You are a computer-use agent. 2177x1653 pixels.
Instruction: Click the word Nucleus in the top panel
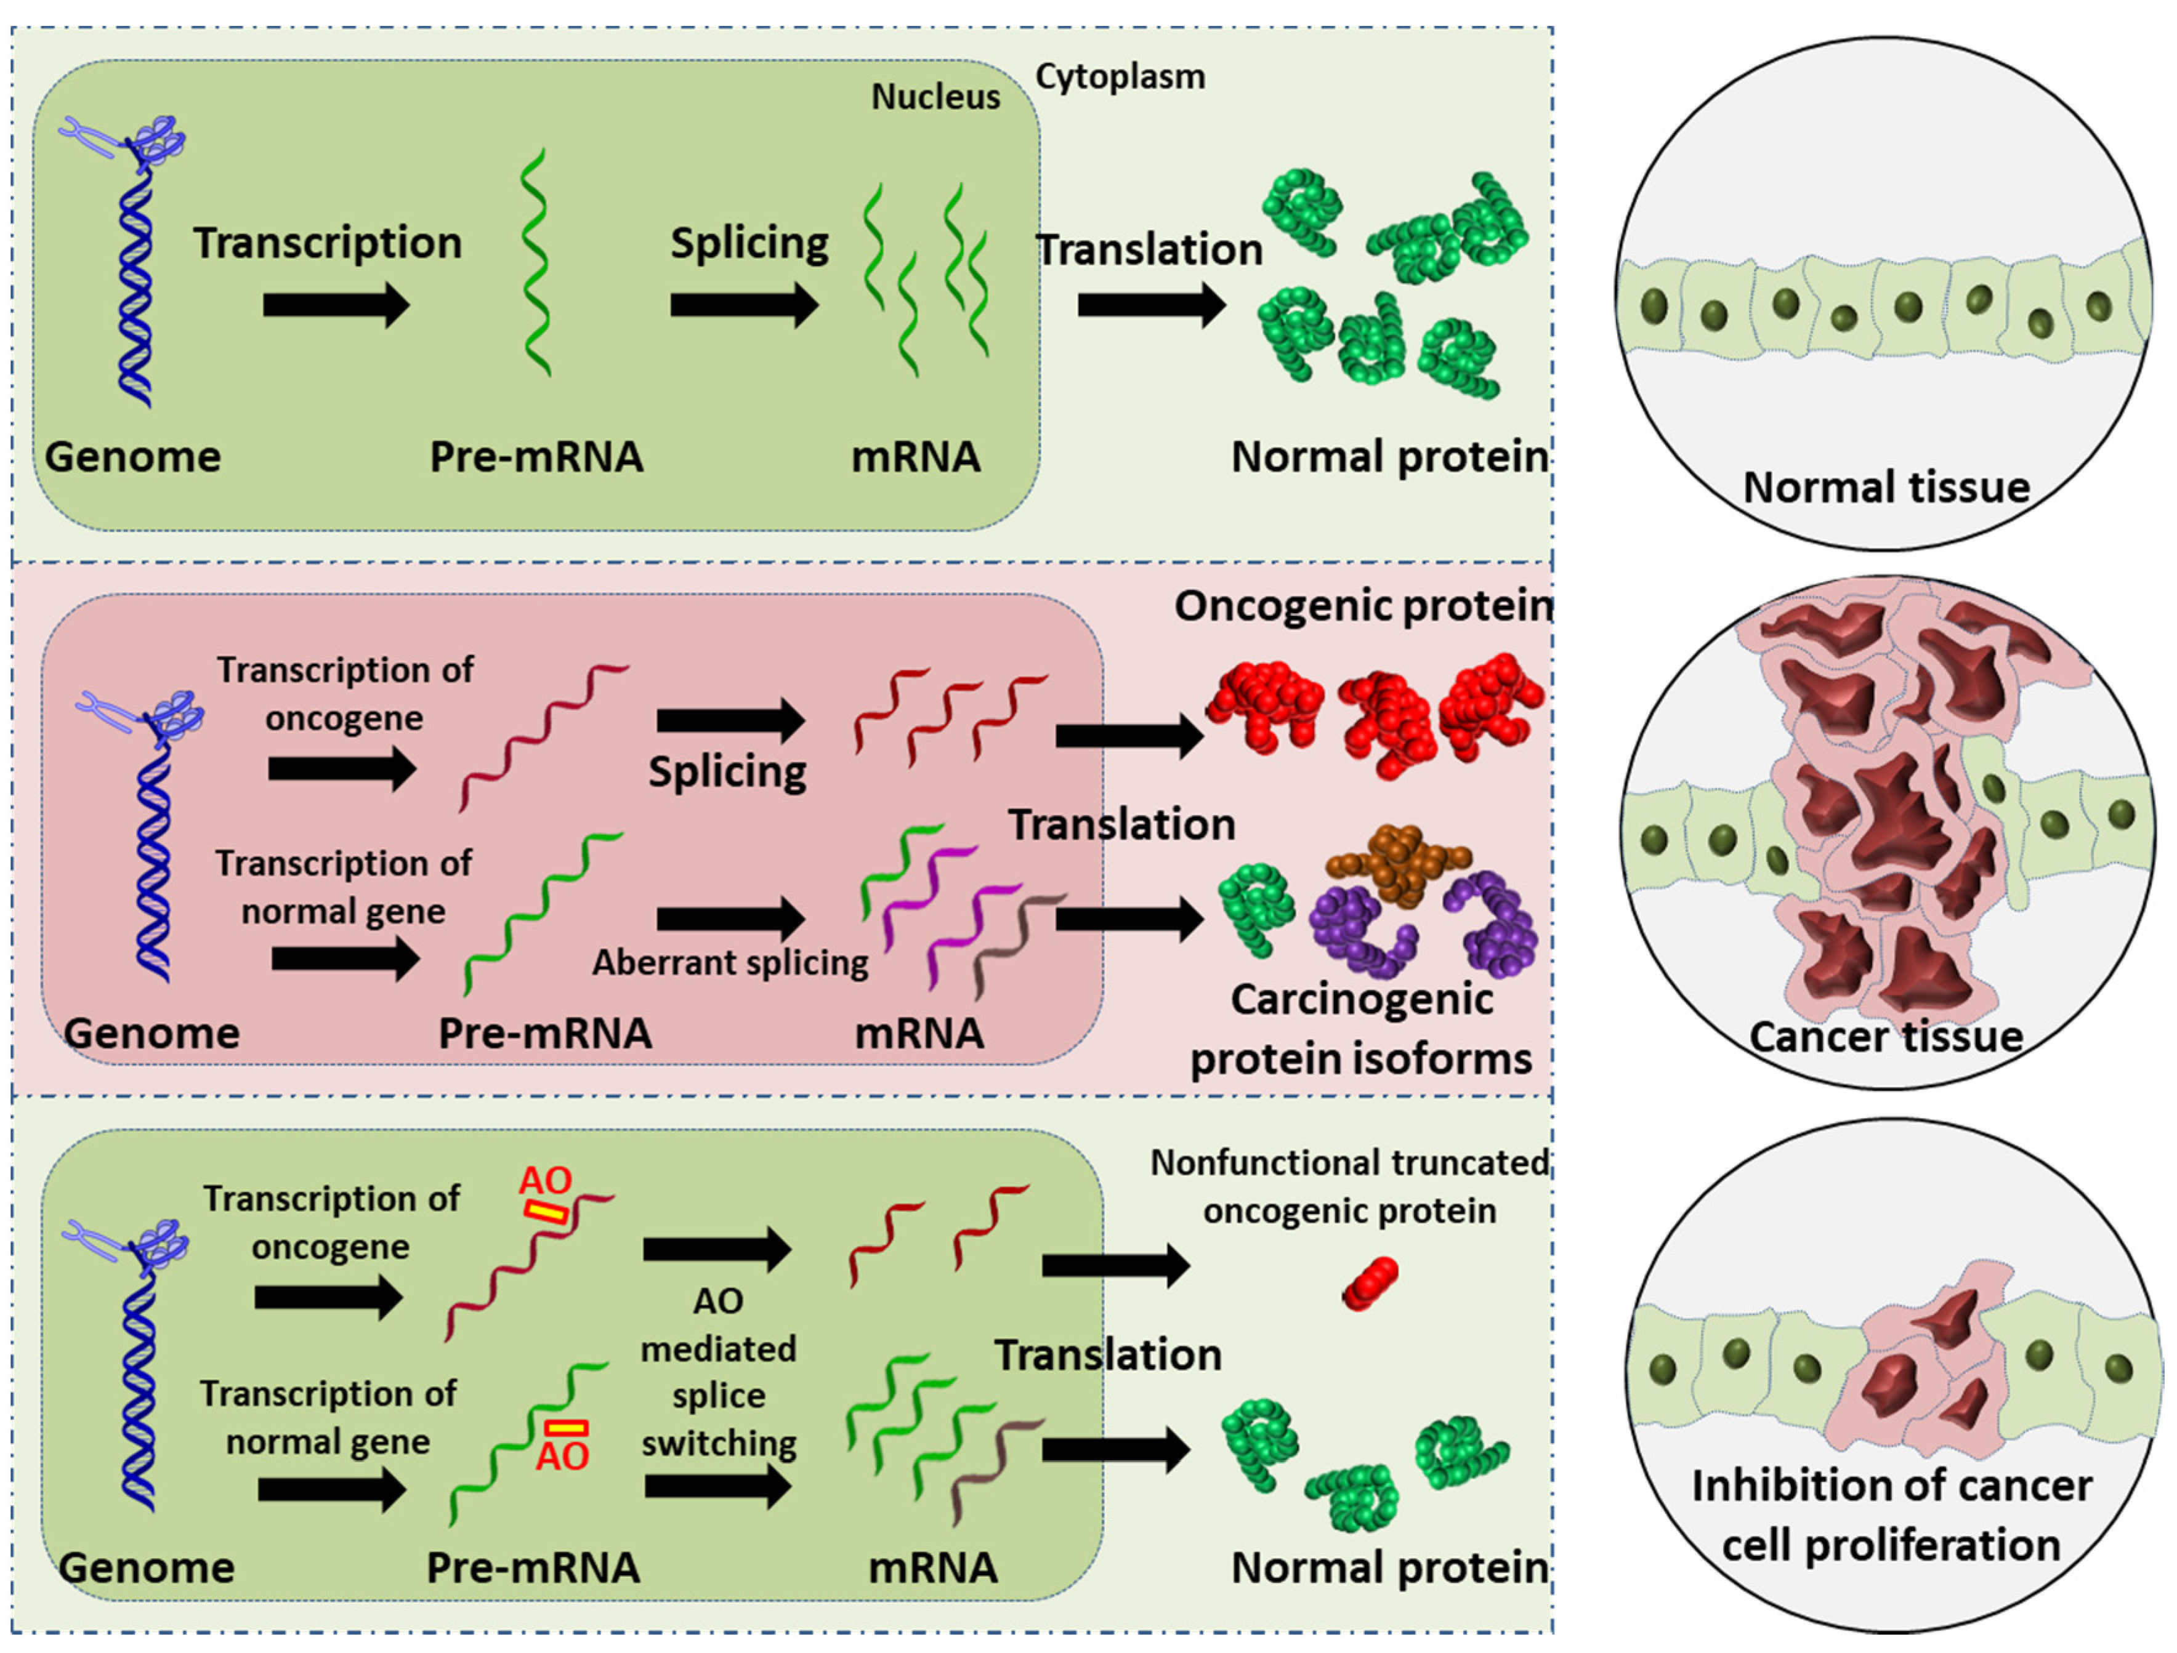[x=935, y=97]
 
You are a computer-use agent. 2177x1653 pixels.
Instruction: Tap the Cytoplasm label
[x=1120, y=77]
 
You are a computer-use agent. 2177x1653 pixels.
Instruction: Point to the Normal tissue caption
[x=1886, y=487]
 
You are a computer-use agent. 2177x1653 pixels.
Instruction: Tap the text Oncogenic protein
[x=1363, y=606]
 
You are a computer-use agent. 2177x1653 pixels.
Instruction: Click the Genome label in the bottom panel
[x=147, y=1567]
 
